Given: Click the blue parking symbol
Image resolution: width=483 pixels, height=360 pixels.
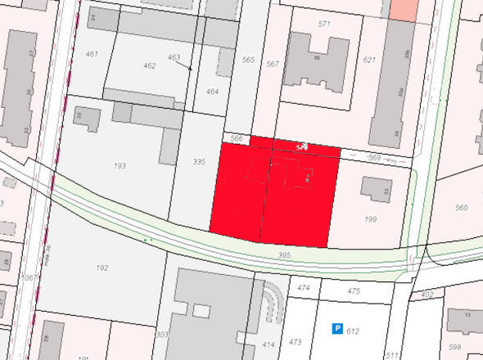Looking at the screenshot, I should (336, 329).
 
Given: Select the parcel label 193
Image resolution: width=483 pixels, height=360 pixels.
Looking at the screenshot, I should (120, 166).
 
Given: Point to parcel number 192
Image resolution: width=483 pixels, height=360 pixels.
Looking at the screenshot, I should (102, 268).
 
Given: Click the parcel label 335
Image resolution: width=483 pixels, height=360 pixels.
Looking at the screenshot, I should (198, 163).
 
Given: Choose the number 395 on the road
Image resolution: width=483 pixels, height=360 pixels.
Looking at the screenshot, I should (284, 257).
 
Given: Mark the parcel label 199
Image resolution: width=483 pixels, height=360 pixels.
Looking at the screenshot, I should (370, 220).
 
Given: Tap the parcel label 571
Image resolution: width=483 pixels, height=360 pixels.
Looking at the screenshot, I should (324, 24).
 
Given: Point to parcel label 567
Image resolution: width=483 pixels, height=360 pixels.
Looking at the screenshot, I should (273, 64).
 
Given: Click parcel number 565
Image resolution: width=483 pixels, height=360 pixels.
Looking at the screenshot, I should (248, 60).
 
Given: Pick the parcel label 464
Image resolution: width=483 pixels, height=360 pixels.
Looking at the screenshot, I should (212, 92).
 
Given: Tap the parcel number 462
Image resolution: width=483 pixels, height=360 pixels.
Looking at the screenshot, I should (149, 65).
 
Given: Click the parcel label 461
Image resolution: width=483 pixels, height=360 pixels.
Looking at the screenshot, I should (92, 54).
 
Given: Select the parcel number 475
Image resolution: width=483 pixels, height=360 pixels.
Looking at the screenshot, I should (354, 291).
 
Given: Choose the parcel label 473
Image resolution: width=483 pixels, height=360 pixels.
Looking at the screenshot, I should (296, 342).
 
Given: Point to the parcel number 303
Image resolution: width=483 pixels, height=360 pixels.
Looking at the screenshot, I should (162, 335).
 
